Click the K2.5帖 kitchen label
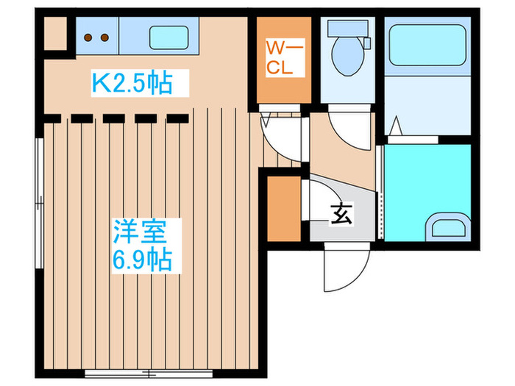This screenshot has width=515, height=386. coord(131,83)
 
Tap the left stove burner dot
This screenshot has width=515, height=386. coord(88,36)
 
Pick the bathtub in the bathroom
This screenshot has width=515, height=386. coord(427,46)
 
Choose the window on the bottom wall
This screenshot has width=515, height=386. coord(122,374)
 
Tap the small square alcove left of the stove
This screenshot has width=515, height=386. coord(54,32)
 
